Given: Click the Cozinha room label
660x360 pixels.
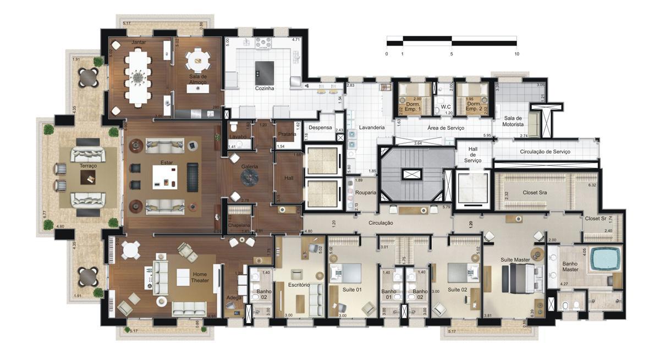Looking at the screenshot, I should pos(265,88).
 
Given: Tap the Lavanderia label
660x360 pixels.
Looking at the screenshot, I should pos(372,128).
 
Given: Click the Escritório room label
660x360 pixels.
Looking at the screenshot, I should pos(299,285).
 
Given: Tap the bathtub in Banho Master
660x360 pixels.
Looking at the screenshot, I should pos(605,259).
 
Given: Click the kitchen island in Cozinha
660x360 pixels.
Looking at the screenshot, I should pos(265,70).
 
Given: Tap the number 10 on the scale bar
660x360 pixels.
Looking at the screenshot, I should pos(516,54).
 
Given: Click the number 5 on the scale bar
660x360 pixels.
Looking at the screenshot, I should pos(452,54).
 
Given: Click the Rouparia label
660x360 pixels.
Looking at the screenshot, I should pos(366,193).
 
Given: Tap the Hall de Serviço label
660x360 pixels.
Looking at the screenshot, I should pos(472,154).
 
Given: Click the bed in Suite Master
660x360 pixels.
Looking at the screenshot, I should pos(521,275).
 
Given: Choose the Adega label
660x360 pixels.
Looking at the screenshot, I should pos(234,297).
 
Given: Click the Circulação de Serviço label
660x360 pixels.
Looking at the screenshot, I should pos(544,151).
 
